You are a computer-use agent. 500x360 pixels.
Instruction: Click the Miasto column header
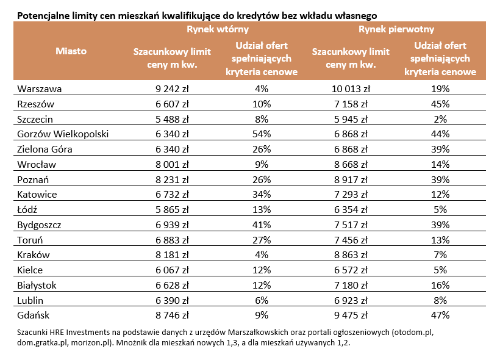(71, 51)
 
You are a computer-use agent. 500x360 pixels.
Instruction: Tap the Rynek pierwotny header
(396, 29)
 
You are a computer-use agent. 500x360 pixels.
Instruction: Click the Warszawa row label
(40, 88)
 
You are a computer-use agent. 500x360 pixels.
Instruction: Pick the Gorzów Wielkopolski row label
(63, 134)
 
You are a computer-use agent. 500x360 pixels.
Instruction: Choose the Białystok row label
(38, 285)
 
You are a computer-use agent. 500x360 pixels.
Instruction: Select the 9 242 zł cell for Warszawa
(173, 88)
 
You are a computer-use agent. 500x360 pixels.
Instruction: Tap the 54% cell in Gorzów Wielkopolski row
(262, 134)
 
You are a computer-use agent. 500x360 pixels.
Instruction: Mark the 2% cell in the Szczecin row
(440, 118)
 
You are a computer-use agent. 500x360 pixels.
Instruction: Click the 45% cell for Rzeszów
(440, 103)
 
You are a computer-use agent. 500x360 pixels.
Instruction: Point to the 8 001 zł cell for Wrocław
(173, 164)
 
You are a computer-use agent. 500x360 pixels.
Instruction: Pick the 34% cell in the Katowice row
(262, 194)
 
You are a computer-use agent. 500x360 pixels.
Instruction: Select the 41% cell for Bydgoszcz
(262, 225)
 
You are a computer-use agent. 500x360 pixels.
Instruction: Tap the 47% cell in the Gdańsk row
(440, 315)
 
